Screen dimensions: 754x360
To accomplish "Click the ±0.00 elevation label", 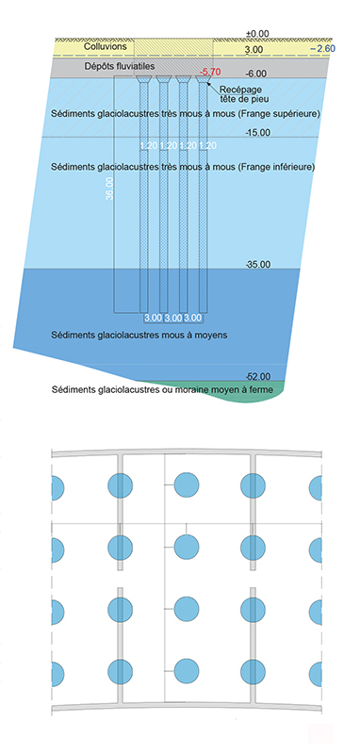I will click(256, 33).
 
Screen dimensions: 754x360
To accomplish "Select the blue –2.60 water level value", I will click(320, 48).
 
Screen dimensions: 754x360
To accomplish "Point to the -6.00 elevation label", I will click(257, 74).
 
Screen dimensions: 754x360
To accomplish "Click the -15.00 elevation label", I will click(257, 133).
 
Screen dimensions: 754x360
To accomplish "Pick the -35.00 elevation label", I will click(257, 265).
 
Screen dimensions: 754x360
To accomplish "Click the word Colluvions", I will click(103, 46).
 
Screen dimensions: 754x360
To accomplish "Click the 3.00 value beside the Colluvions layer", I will click(254, 49).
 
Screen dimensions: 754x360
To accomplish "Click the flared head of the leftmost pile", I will click(143, 84).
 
